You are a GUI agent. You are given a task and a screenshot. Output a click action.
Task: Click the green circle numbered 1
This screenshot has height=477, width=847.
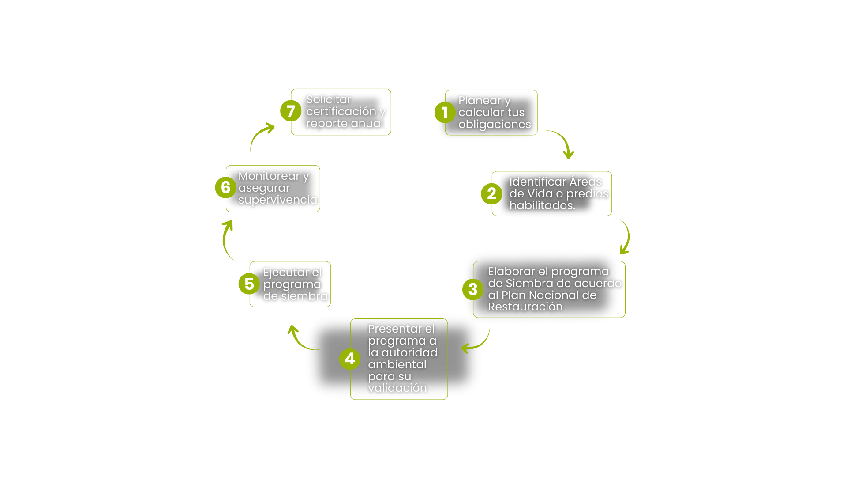coord(445,113)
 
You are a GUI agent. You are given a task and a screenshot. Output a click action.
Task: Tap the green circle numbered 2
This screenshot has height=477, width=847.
coord(491,193)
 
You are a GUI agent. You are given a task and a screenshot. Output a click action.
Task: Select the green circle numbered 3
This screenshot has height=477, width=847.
coord(473,289)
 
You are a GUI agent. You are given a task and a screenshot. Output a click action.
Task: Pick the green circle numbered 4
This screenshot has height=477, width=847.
coord(350,359)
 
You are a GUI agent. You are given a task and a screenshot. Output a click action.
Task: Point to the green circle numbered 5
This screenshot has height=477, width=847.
coord(249,284)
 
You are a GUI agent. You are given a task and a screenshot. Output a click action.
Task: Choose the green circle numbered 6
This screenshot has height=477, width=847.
coord(225,187)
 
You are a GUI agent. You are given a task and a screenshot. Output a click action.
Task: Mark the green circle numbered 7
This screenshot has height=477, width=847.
coord(291,111)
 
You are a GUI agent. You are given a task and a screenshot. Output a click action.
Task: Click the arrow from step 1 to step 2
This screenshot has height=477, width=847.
coord(562,142)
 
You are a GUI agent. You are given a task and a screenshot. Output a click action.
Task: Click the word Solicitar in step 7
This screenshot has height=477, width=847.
coord(329,99)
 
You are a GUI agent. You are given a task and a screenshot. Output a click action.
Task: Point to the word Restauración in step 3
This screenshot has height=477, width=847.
coord(525,307)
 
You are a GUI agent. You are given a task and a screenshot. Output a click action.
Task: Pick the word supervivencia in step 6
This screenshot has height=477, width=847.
coord(277,200)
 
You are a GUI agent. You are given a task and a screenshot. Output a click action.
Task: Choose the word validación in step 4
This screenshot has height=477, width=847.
coord(397,388)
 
